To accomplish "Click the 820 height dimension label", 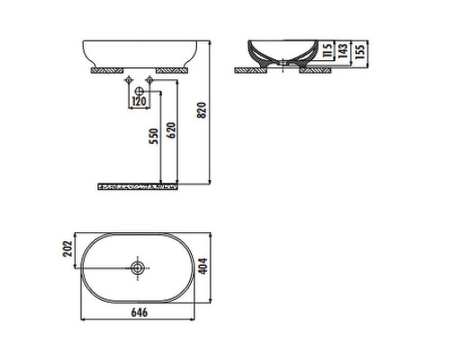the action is click(202, 110).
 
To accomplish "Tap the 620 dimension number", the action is click(171, 130).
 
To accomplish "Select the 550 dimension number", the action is click(154, 136).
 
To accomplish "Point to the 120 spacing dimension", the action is click(139, 102).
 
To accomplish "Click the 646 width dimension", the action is click(139, 312).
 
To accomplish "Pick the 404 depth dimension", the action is click(203, 266).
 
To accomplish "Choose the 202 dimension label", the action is click(68, 248).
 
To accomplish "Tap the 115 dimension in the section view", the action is click(328, 50).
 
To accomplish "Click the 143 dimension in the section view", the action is click(343, 50).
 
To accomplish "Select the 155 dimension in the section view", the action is click(359, 51).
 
